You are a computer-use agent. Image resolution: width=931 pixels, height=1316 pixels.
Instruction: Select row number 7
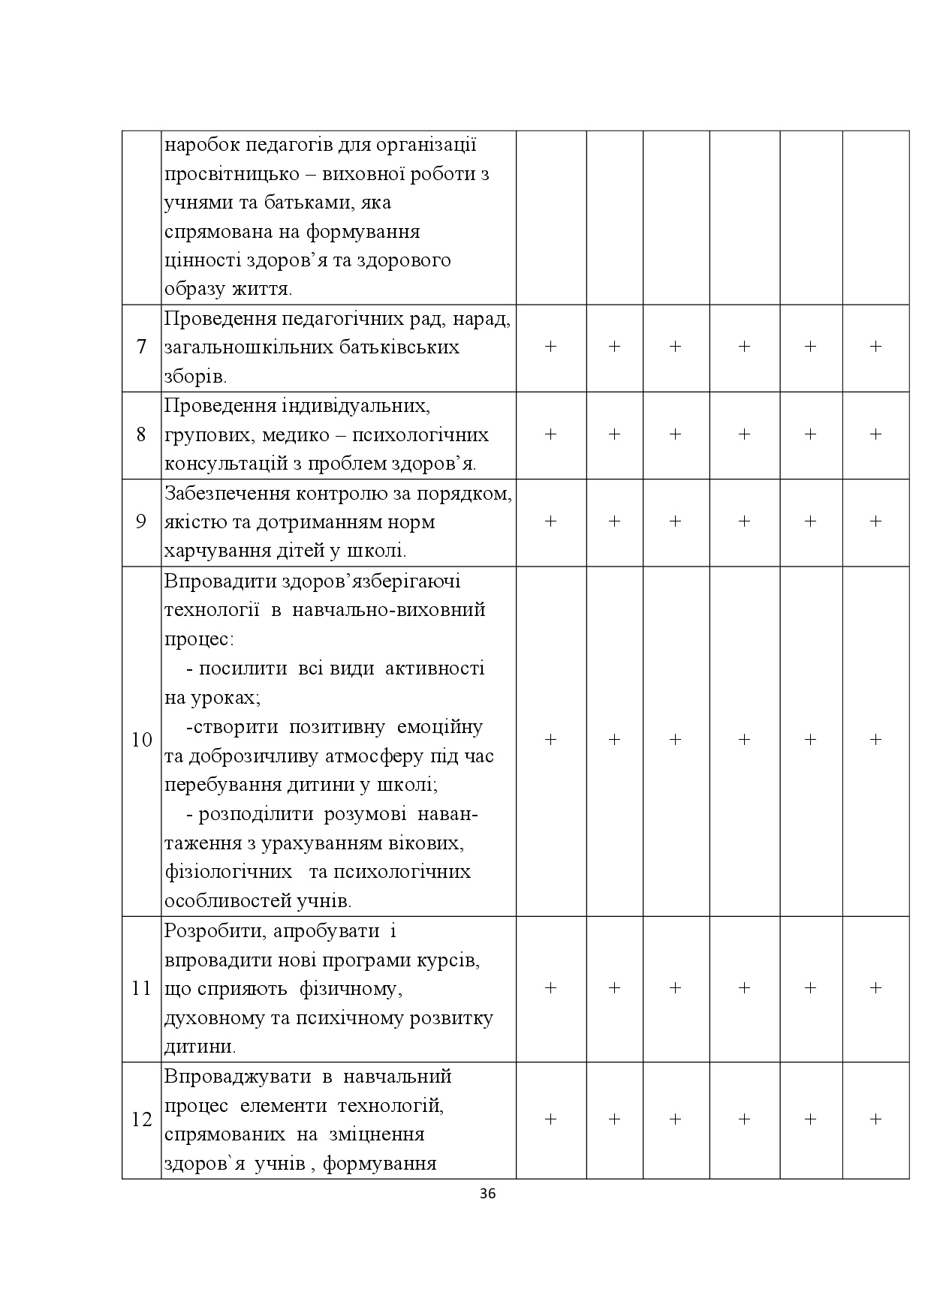(x=141, y=347)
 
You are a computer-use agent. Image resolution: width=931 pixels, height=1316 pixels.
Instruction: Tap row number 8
(x=141, y=434)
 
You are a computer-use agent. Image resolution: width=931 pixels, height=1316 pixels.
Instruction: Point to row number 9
(x=141, y=521)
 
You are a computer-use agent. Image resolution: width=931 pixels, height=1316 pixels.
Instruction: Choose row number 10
(x=141, y=740)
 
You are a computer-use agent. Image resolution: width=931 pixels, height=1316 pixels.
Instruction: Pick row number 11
(x=141, y=988)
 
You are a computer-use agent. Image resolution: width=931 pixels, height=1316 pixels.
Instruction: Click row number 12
(x=141, y=1119)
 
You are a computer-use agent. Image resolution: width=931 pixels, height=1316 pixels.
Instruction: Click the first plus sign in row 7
(x=550, y=346)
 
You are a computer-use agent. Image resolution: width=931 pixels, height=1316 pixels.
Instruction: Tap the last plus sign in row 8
(x=875, y=434)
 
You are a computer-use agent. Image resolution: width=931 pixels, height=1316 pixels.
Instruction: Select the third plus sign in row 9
(x=675, y=521)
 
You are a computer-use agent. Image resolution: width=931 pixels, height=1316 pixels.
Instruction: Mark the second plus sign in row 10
(x=614, y=739)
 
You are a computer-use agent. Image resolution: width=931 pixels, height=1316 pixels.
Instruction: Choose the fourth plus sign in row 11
(x=744, y=987)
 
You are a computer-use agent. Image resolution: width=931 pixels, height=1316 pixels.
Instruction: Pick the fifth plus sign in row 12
(x=810, y=1119)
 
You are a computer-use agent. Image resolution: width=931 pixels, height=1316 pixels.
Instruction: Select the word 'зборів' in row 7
(x=193, y=377)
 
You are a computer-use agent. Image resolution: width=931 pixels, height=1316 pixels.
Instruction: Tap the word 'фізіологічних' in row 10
(x=228, y=872)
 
